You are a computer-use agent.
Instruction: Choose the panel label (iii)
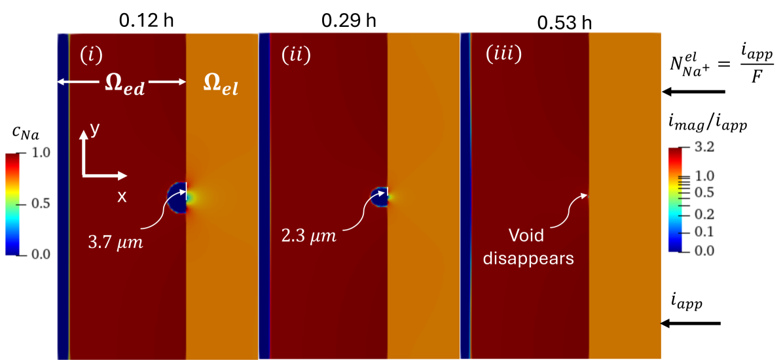[503, 54]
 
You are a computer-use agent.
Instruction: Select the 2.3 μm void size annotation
[313, 234]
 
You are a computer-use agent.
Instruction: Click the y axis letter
[95, 130]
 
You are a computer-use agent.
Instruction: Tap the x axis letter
[121, 196]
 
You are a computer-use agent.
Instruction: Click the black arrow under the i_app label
[690, 323]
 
